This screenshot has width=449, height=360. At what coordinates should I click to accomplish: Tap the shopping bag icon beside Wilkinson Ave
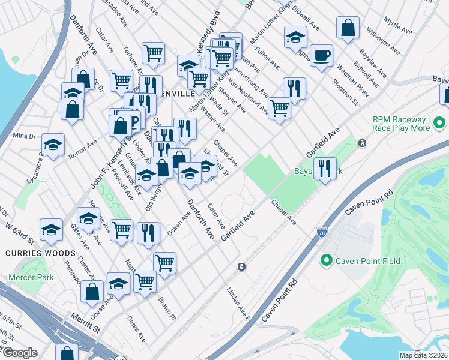coord(348,28)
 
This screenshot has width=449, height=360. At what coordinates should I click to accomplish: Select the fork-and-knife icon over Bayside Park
coord(325,169)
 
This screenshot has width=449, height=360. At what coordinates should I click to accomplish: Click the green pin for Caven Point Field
coord(326,260)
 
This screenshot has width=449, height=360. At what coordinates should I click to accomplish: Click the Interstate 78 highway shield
coord(322,232)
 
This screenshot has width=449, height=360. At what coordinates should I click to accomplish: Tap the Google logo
coord(20,353)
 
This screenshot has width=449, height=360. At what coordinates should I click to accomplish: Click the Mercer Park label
coord(31,277)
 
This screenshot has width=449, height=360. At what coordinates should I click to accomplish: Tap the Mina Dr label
coord(24,136)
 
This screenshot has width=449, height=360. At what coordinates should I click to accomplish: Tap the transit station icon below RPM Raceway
coord(362,143)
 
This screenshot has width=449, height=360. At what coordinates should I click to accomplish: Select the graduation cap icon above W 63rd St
coord(51,229)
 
